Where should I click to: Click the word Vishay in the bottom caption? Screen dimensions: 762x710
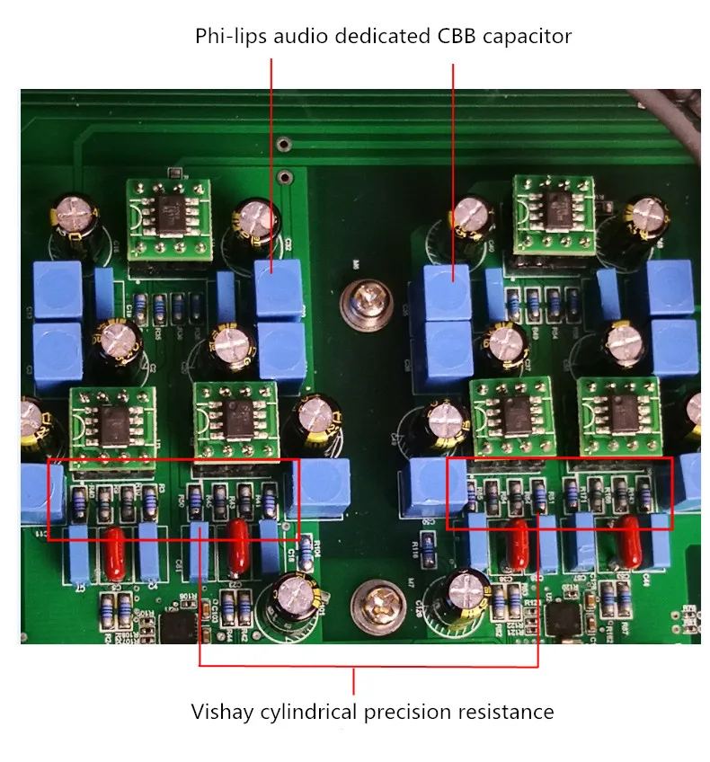(x=221, y=713)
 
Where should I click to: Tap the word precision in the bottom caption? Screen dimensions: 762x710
(x=408, y=713)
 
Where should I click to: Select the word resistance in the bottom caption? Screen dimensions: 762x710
(x=506, y=713)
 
